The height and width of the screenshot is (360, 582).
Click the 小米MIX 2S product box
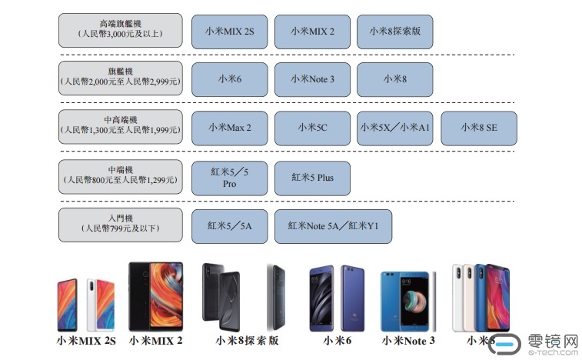point(229,31)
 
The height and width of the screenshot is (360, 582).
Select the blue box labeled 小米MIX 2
point(312,31)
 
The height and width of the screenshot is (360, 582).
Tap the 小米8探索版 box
point(394,31)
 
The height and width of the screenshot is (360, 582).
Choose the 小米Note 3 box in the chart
point(312,79)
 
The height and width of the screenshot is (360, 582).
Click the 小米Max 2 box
point(229,128)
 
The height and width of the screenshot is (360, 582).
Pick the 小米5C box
point(312,128)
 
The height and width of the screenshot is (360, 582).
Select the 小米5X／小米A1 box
point(394,128)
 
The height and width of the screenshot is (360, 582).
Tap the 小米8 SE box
point(478,128)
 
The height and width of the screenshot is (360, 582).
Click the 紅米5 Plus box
point(312,178)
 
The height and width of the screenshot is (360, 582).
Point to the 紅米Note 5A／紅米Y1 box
point(333,226)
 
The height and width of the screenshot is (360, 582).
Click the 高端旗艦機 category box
point(121,30)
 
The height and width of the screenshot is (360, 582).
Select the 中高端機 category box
point(121,127)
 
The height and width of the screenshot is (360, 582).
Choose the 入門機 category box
point(121,225)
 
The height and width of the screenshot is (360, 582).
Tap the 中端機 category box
point(121,177)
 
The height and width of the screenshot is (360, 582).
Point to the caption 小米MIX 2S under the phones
point(86,340)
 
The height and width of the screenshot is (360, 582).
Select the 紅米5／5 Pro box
point(229,178)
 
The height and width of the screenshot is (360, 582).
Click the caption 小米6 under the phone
point(337,340)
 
